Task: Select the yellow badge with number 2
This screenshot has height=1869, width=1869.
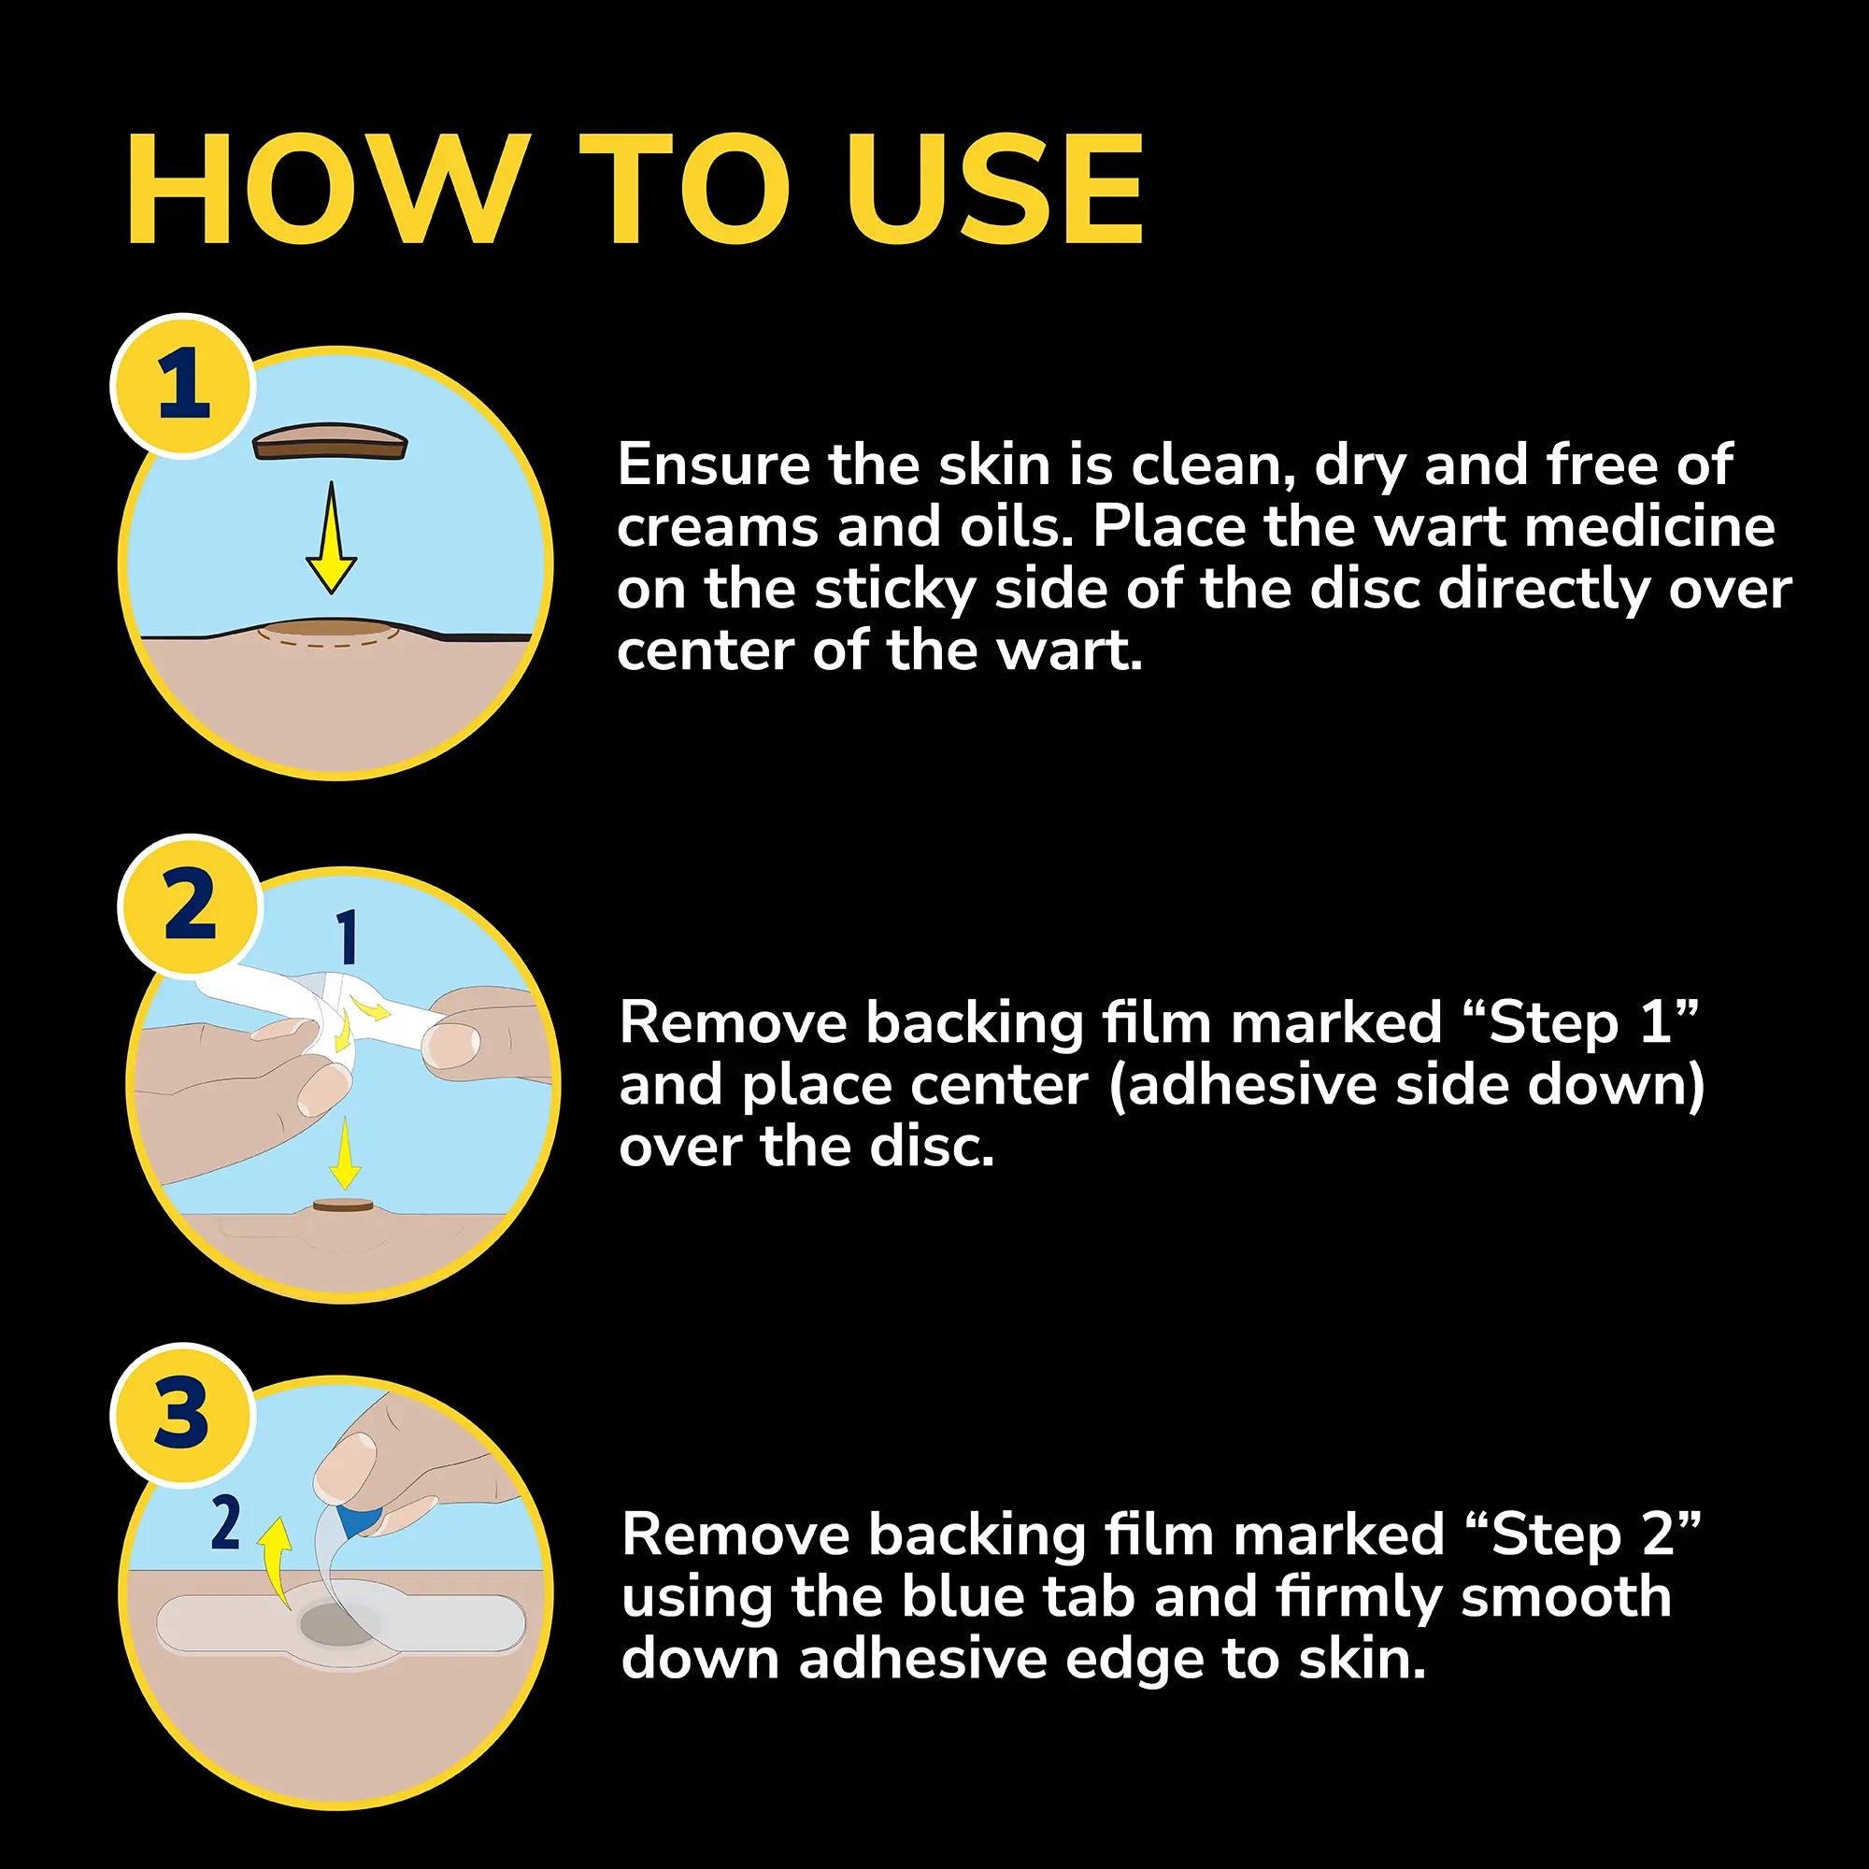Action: [x=191, y=906]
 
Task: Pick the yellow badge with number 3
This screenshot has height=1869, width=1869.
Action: [x=182, y=1413]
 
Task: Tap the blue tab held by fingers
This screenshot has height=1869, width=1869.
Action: [x=360, y=1519]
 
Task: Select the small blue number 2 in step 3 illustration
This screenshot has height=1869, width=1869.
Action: [x=225, y=1522]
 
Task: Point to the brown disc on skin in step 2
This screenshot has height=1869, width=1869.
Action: [x=342, y=1205]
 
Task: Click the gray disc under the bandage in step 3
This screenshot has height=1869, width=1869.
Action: [x=334, y=1624]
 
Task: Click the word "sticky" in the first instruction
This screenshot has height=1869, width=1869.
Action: [x=894, y=590]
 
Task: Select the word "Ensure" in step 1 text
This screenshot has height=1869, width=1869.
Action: [x=714, y=465]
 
